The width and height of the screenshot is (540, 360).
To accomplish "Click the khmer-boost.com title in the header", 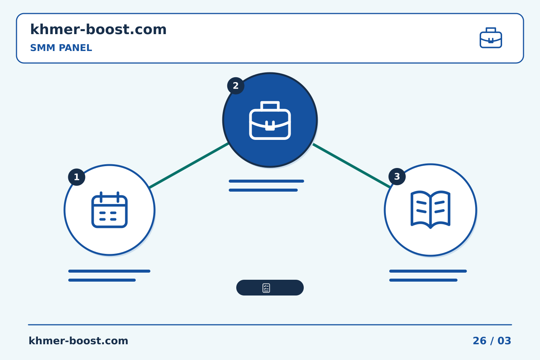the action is click(98, 29).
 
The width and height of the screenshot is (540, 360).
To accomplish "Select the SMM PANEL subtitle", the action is click(61, 48).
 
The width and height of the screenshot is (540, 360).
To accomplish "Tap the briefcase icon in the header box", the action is click(491, 38).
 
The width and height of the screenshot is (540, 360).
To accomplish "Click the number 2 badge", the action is click(236, 86).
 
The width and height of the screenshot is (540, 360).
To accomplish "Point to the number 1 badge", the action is click(76, 177).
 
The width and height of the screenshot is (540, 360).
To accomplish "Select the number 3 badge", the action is click(397, 177).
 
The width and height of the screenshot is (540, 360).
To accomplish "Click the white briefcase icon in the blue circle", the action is click(270, 120).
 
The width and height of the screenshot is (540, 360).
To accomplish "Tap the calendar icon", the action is click(109, 210).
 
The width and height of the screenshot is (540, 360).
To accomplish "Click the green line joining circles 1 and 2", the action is click(189, 165).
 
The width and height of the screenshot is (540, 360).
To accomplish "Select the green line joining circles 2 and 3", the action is click(351, 165).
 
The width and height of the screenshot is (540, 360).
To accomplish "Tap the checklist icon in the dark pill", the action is click(266, 288).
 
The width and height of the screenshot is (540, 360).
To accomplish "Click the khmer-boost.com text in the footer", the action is click(78, 341).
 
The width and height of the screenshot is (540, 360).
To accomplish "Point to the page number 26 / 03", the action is click(492, 341).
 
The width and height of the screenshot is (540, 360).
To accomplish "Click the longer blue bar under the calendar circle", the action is click(109, 271).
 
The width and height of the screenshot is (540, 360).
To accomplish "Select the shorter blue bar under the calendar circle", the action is click(102, 280).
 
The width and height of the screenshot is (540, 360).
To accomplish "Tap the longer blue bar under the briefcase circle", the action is click(266, 181).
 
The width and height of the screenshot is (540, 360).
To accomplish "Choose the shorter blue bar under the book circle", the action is click(423, 280).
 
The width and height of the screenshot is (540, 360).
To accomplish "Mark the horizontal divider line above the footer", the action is click(270, 325).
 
